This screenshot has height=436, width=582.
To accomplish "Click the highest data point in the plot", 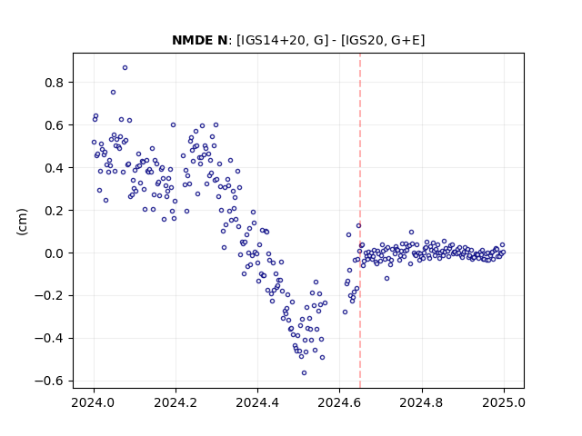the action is (125, 68).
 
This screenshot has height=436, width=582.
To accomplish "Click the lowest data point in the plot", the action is (304, 373).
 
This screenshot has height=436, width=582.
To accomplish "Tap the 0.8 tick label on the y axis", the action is (54, 83).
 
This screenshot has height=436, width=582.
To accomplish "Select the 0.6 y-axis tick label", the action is (54, 125).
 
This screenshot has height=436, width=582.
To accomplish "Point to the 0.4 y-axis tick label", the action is (54, 168).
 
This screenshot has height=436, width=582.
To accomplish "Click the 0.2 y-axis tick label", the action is (54, 211).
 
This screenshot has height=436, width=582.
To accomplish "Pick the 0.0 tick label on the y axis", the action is (54, 253).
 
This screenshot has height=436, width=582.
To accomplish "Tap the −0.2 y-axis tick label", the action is (49, 296).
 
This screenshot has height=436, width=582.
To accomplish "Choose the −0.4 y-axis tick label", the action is (49, 339).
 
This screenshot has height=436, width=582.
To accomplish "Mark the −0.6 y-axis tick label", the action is (49, 381).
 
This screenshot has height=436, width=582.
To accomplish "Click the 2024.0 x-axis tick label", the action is (94, 402).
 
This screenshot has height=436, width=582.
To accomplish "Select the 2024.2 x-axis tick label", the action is (176, 402).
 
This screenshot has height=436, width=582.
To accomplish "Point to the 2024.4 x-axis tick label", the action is (257, 402).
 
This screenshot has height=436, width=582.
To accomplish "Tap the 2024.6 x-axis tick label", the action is (339, 402).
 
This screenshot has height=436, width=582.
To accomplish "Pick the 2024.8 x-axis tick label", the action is (422, 402).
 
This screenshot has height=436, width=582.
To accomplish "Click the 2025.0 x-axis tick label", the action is (504, 402).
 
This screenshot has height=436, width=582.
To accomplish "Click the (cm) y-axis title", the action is (22, 222).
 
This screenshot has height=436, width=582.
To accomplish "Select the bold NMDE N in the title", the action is (199, 40).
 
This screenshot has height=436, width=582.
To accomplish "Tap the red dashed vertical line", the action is (360, 221).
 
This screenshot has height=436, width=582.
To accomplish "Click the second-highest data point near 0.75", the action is (113, 93).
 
